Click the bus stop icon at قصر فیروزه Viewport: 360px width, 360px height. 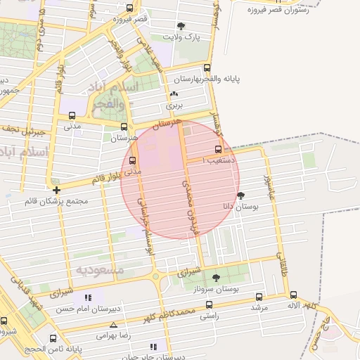point(129,8)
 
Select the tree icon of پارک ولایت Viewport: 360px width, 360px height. point(182,26)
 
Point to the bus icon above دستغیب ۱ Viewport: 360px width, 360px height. point(217,149)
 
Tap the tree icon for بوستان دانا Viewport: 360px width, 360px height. point(242,196)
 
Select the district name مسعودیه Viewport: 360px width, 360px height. point(100,269)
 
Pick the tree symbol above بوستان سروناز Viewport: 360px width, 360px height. point(216,278)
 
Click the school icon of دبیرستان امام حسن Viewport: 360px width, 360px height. point(89,298)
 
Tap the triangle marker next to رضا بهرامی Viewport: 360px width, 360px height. point(114,324)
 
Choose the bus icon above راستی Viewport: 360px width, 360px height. point(209,305)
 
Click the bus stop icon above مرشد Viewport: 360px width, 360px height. point(259,297)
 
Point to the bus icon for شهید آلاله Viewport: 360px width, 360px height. point(293,295)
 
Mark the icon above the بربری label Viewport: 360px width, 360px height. point(174,94)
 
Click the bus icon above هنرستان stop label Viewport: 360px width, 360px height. point(124,127)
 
